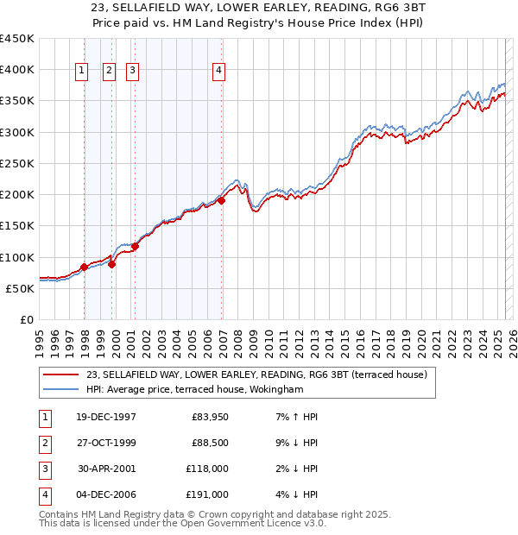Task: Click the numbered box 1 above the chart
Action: click(81, 72)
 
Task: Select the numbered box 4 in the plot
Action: click(219, 72)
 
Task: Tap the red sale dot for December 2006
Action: click(221, 200)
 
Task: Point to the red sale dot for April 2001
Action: click(136, 246)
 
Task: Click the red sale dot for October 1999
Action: click(112, 264)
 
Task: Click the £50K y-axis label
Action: click(21, 288)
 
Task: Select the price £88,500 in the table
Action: click(209, 443)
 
